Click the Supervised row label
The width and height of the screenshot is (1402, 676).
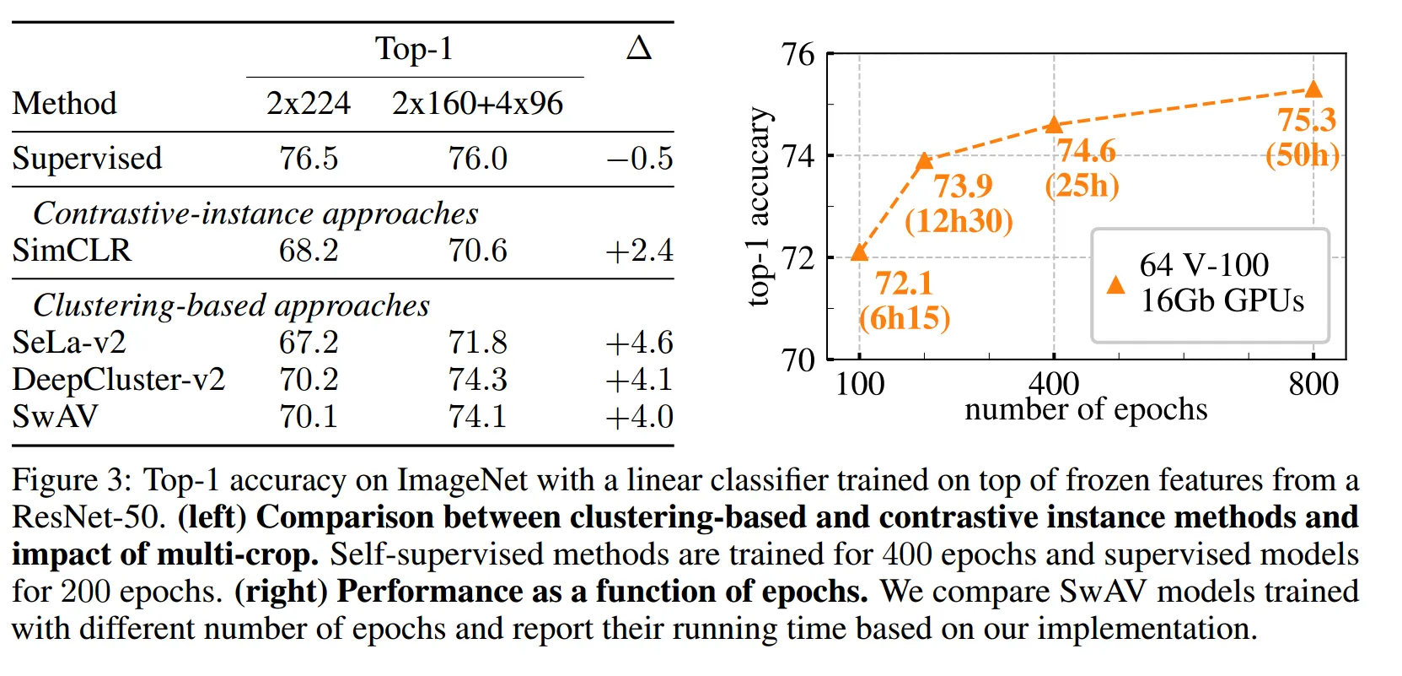coord(87,159)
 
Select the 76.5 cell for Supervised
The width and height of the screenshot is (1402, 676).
coord(309,159)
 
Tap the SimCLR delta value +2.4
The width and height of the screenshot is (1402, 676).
coord(639,251)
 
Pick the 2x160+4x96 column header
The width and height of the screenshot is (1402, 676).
coord(477,104)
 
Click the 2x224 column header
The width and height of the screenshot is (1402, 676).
coord(309,104)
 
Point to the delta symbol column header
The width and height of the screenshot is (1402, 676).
coord(639,48)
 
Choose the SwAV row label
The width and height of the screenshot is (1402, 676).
coord(55,417)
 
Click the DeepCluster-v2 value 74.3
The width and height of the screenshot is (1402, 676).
coord(477,380)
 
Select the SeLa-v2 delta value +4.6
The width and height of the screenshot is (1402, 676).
coord(639,343)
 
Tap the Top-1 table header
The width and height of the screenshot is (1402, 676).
coord(414,49)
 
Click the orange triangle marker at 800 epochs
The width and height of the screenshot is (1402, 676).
coord(1313,89)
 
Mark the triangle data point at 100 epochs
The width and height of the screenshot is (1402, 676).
coord(859,251)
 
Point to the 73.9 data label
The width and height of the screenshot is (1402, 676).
coord(963,186)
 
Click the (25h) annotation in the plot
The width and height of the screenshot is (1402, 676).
coord(1082,186)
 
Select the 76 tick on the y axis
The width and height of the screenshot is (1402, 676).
coord(798,55)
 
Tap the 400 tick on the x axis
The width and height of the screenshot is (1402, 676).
coord(1054,384)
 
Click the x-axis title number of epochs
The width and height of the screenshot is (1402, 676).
coord(1086,409)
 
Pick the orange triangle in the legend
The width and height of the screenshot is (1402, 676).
coord(1115,284)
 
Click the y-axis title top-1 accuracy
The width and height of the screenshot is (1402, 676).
coord(759,207)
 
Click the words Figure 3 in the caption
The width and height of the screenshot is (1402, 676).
coord(67,480)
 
